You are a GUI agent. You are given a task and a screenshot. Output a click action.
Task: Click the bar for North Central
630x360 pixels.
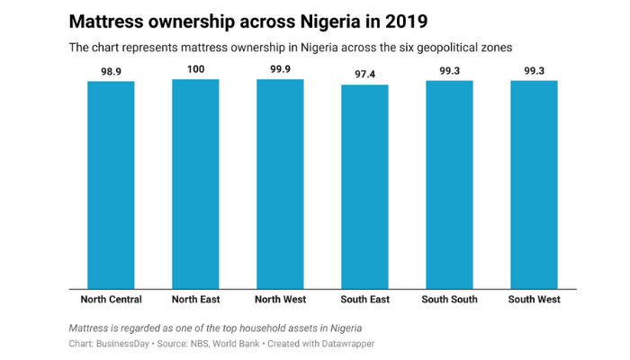tap(111, 184)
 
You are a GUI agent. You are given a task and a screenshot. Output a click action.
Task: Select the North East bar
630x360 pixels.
tap(195, 184)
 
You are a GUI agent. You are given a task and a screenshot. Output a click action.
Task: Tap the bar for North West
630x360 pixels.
tap(280, 184)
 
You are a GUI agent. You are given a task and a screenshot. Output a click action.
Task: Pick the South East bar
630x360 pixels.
tap(364, 186)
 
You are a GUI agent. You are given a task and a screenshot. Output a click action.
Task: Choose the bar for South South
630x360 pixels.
tap(449, 184)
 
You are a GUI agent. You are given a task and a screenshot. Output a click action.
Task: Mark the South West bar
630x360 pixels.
tap(534, 184)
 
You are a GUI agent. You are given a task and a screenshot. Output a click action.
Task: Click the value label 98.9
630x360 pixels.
tap(111, 69)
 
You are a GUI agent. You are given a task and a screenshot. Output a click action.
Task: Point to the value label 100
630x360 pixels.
tap(195, 68)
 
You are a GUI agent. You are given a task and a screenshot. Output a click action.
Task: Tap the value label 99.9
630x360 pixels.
tap(280, 68)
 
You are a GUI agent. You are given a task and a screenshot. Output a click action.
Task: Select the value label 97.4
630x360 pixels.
tap(364, 74)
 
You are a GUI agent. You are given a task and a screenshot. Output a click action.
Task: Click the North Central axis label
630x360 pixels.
tap(111, 299)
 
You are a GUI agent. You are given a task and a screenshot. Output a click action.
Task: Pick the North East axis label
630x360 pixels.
tap(195, 299)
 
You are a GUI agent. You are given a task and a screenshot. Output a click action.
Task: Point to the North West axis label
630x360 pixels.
tap(280, 299)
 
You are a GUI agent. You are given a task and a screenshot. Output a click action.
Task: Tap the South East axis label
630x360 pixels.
tap(364, 299)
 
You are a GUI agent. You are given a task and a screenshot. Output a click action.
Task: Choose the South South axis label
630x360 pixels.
tap(449, 299)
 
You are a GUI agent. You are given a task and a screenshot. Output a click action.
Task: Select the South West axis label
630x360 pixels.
tap(534, 299)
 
